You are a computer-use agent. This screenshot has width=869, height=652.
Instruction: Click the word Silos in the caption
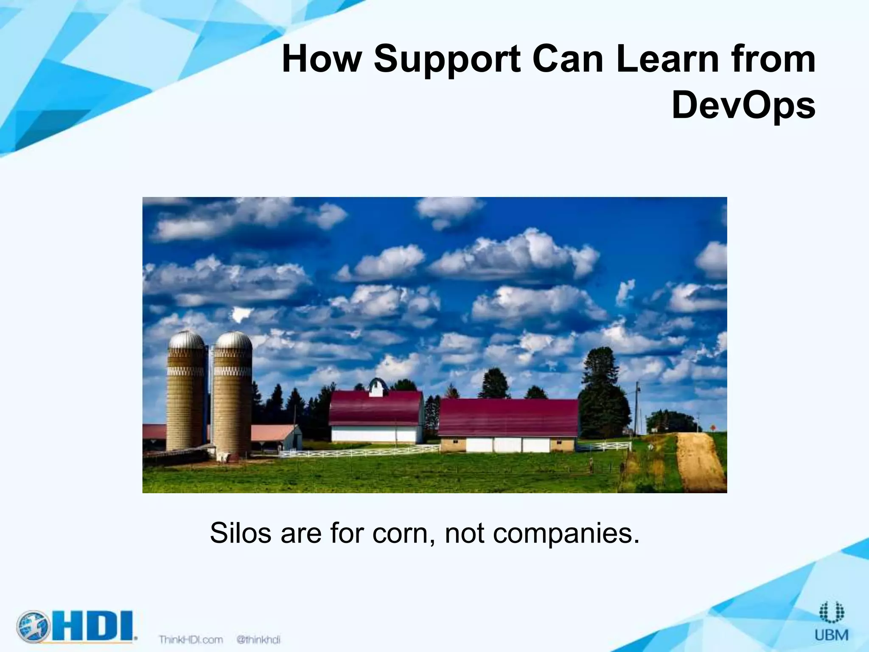click(240, 533)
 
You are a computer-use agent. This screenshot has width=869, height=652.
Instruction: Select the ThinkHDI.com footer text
click(191, 639)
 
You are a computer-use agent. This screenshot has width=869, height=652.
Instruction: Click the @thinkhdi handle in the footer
click(258, 639)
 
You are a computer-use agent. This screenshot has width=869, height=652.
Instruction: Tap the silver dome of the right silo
click(233, 340)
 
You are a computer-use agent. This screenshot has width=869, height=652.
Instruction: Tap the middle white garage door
click(508, 445)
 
